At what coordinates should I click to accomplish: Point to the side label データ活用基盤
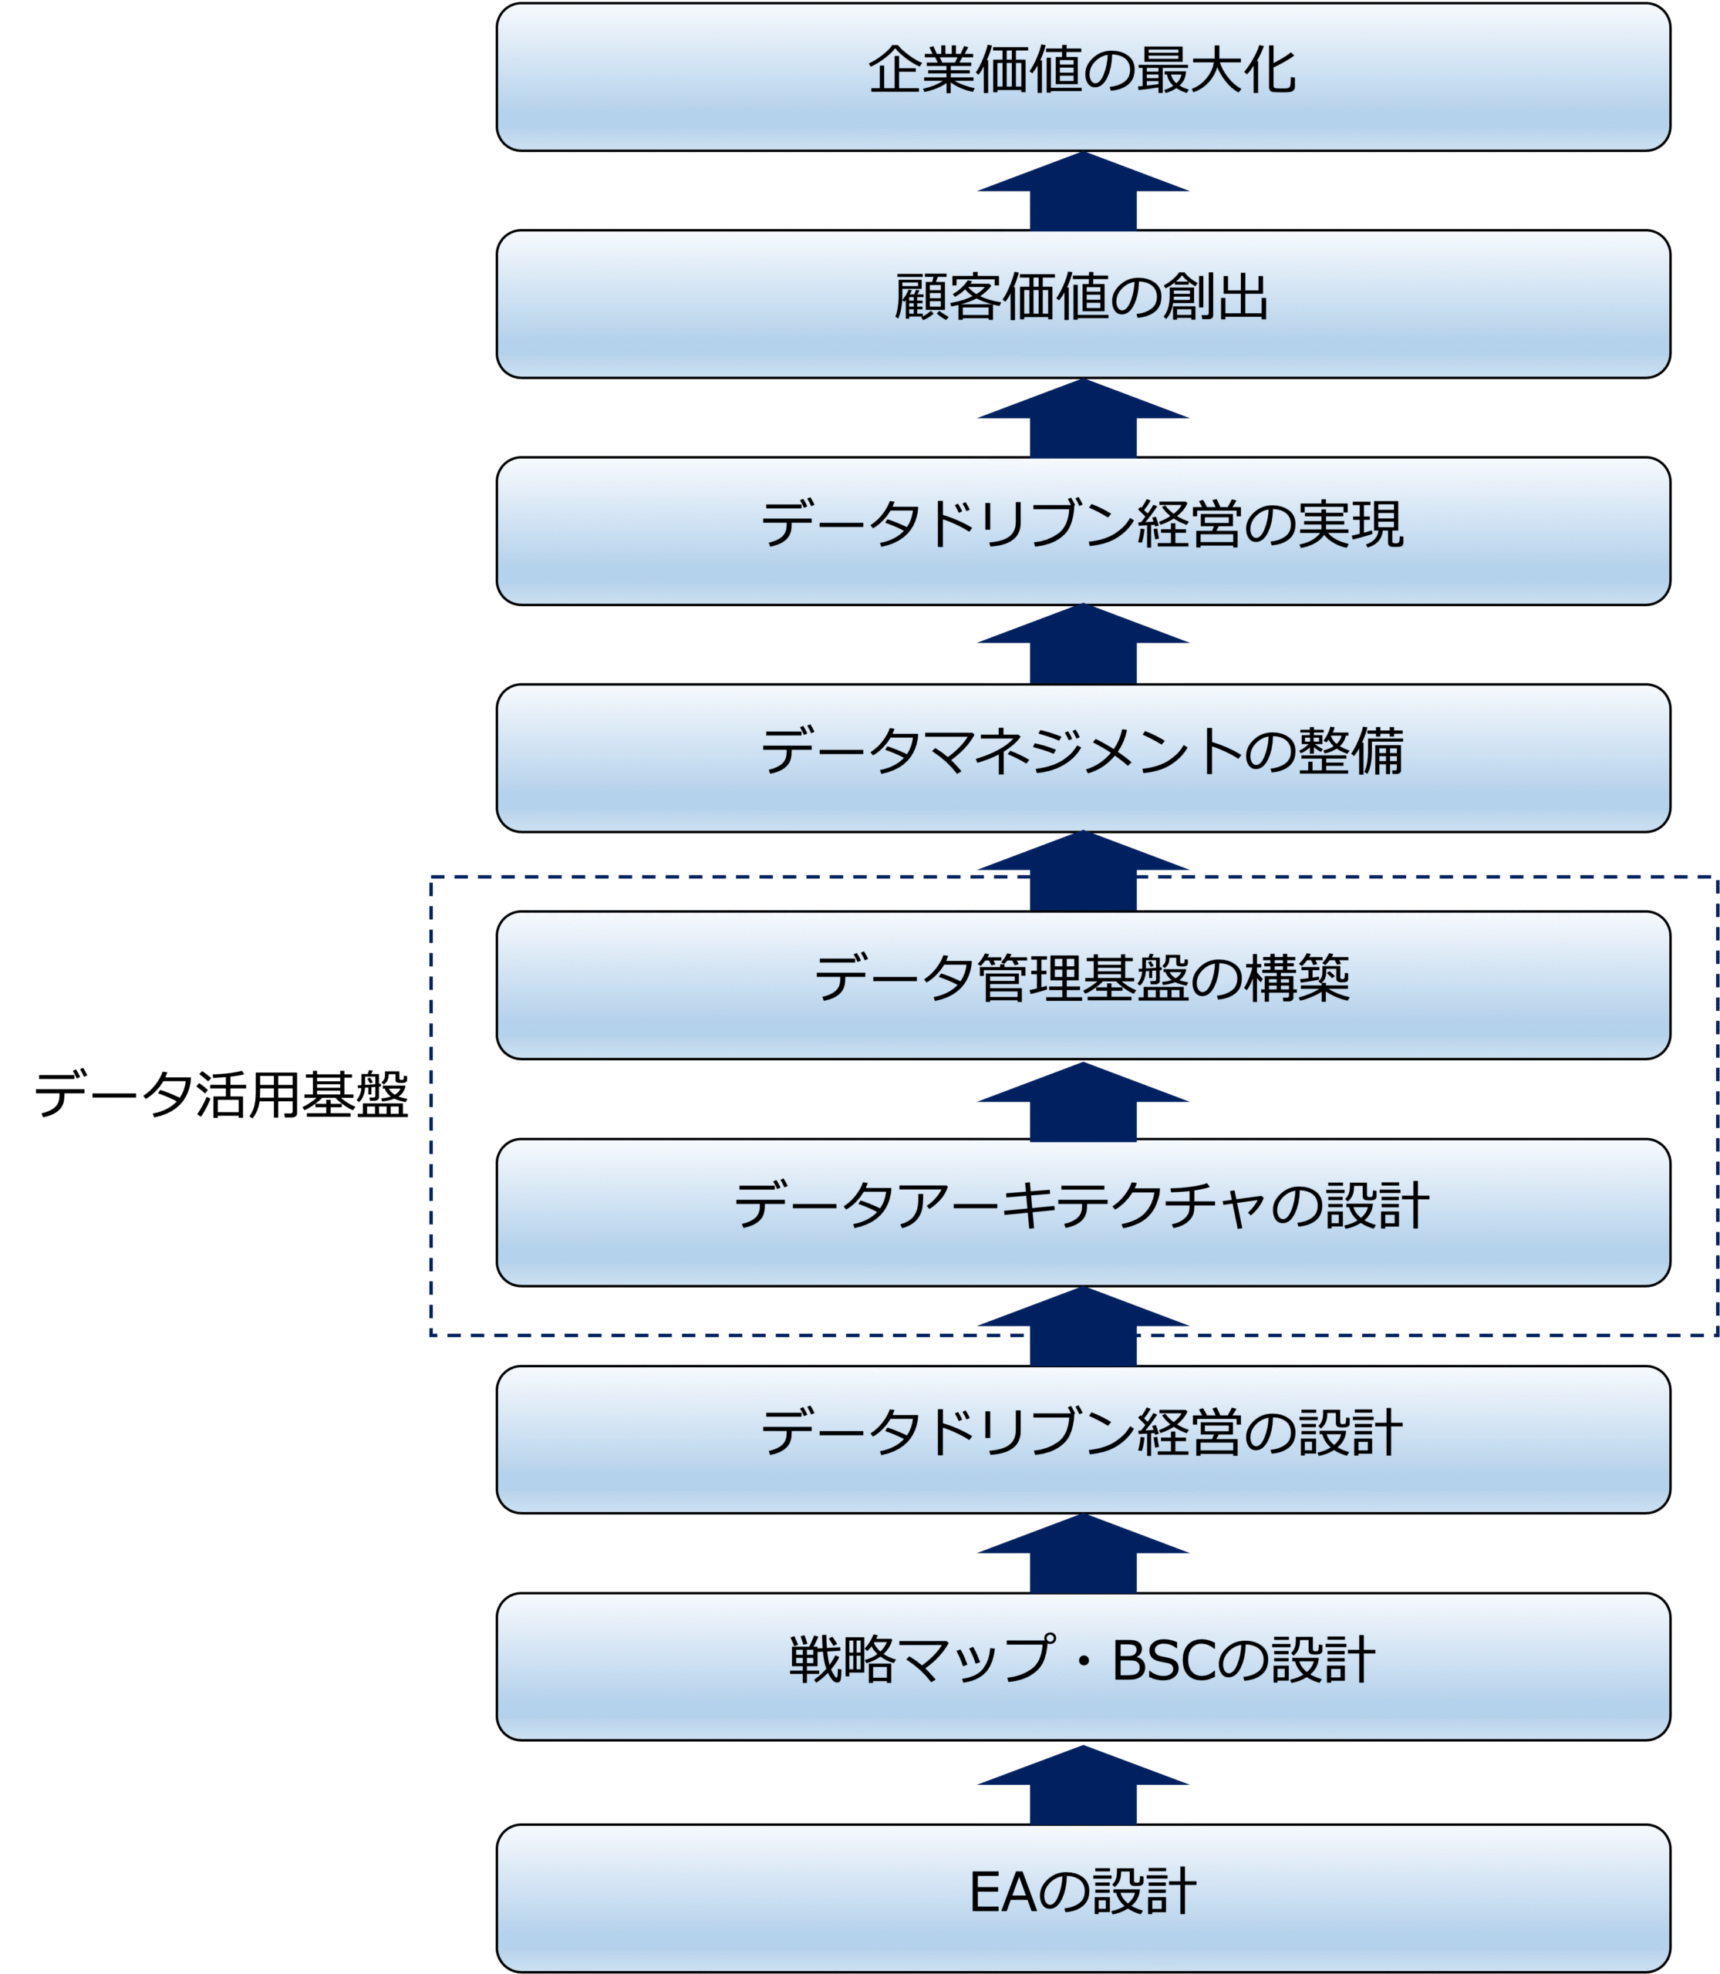pos(221,1094)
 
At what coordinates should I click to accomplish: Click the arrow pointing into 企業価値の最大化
pos(1083,192)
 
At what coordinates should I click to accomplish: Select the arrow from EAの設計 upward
pos(1083,1787)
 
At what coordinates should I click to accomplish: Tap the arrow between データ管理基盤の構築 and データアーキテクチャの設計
pos(1083,1103)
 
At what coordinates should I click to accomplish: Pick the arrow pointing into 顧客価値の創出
pos(1083,419)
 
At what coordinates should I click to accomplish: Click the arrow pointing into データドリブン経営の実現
pos(1083,644)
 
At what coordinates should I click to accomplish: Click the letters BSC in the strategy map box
pos(1166,1661)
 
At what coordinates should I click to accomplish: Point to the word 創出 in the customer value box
pos(1216,298)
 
